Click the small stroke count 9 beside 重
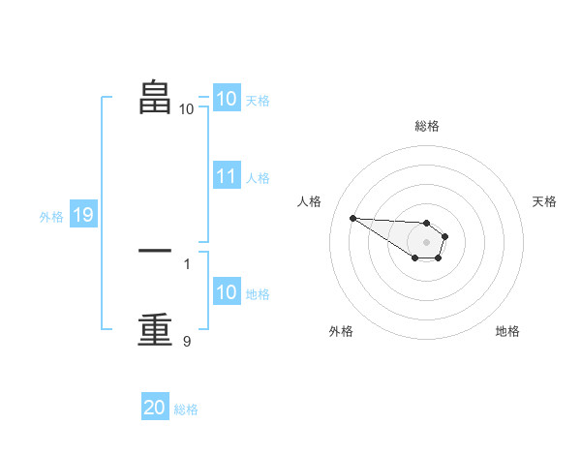coord(187,341)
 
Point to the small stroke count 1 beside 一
coord(187,263)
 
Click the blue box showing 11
coord(227,176)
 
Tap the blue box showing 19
coord(83,215)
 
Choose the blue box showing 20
coord(155,408)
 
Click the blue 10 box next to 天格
coord(227,99)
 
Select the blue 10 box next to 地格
coord(227,292)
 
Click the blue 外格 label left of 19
coord(51,217)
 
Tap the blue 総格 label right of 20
coord(187,409)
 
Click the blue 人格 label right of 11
coord(258,178)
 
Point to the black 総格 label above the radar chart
coord(427,126)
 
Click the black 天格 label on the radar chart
coord(545,201)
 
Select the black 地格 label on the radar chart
coord(507,331)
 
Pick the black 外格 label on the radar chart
coord(341,331)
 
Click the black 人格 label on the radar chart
coord(309,201)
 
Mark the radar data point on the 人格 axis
coord(352,218)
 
